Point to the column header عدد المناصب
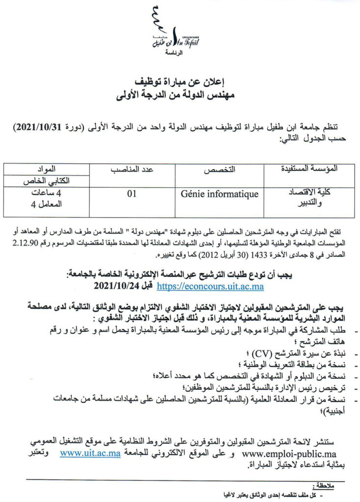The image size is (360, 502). tap(131, 170)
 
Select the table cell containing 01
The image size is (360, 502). tap(131, 194)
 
